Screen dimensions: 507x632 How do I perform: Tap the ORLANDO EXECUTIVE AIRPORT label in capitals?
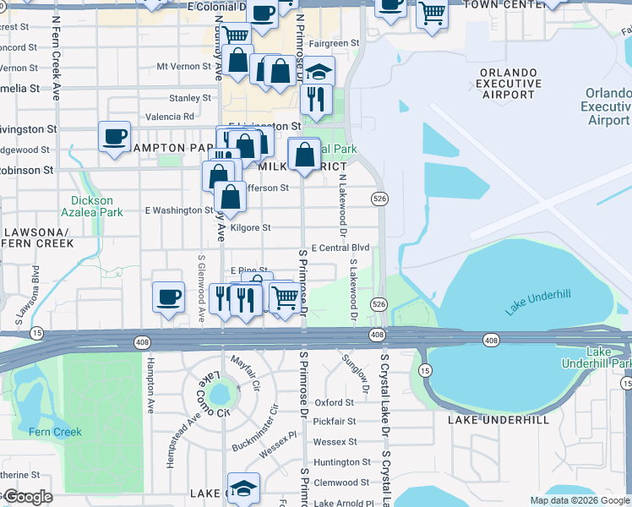509,84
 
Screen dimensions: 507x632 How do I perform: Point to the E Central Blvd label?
341,248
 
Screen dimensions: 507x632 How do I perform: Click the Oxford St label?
334,403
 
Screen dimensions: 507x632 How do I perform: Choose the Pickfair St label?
335,421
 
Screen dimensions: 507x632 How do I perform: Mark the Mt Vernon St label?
184,66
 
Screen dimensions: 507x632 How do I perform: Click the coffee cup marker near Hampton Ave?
168,297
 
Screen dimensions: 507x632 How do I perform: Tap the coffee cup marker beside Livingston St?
114,136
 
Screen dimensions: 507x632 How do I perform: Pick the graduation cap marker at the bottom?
243,488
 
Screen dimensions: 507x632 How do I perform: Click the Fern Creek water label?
55,432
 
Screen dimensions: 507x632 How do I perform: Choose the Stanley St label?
189,99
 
